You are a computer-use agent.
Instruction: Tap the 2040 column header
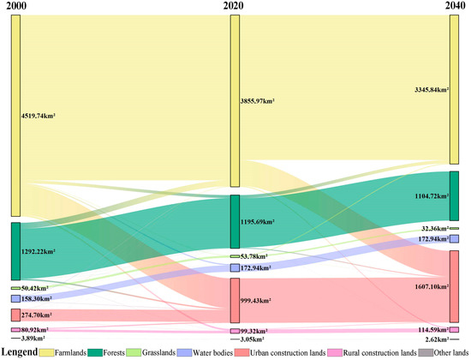(455, 7)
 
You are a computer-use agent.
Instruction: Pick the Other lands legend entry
(442, 351)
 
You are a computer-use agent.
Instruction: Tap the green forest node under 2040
(455, 195)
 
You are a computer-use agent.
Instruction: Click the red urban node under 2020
(235, 300)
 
